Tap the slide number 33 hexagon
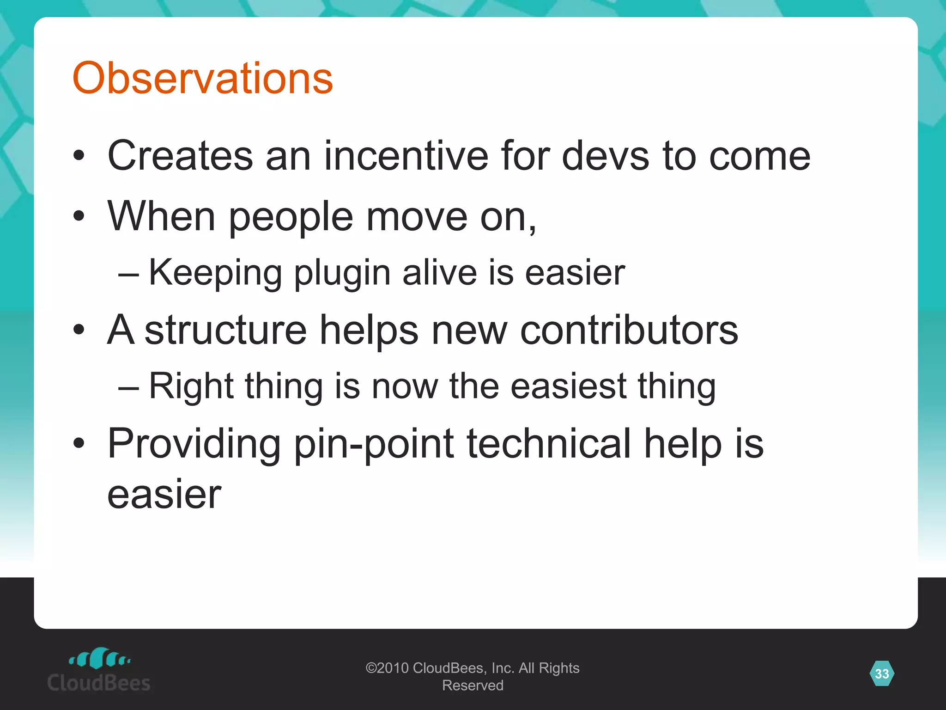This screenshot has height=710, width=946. (x=881, y=673)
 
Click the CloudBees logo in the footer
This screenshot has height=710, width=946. (x=99, y=670)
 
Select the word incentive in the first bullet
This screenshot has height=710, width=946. (x=406, y=156)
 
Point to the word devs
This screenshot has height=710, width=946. (x=606, y=156)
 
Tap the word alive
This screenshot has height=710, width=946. (x=439, y=273)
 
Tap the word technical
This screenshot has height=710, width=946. (x=549, y=443)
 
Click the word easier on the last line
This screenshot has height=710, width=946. (x=164, y=495)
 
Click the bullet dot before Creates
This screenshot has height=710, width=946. (x=79, y=156)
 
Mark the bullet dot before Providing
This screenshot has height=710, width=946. (x=79, y=443)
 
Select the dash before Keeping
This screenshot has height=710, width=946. (x=128, y=274)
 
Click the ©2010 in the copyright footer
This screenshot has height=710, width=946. (x=387, y=668)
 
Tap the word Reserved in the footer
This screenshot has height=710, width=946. (x=473, y=686)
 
